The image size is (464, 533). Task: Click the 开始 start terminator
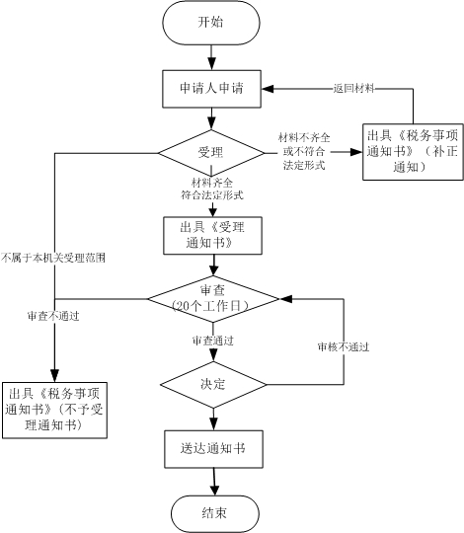211,23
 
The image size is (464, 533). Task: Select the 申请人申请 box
211,89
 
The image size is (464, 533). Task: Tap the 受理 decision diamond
211,153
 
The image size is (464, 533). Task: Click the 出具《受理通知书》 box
212,235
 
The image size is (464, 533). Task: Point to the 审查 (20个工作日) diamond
213,299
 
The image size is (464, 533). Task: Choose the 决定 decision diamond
213,385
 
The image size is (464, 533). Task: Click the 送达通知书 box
213,449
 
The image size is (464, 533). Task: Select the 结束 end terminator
214,513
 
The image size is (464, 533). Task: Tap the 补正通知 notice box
413,152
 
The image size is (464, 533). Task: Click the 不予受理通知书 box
54,410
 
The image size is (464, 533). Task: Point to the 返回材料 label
353,89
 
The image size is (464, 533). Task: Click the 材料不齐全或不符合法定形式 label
304,151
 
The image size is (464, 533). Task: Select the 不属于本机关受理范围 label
53,258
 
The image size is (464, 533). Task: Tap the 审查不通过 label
53,316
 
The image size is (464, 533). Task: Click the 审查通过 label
213,341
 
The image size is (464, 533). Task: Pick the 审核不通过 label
344,346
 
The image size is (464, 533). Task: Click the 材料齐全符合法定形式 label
212,189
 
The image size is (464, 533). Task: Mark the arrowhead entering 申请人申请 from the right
268,89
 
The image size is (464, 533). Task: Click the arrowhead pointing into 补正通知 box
356,152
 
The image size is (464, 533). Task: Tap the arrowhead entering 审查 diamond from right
286,299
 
